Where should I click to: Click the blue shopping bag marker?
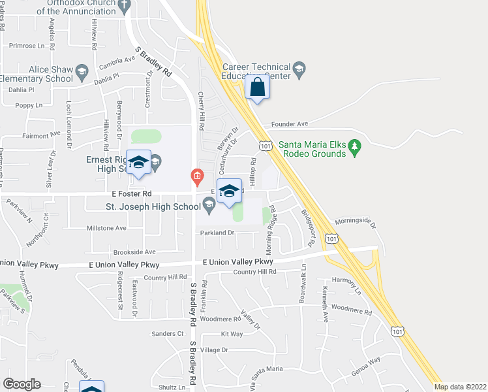[258, 88]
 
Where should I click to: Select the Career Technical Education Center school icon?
[299, 69]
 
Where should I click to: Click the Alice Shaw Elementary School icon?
[82, 71]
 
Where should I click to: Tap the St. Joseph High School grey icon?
[209, 207]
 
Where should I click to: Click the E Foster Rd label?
[131, 194]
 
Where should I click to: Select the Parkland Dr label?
[217, 233]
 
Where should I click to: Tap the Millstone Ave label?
[106, 228]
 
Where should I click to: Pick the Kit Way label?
[232, 334]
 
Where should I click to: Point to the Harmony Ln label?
[346, 281]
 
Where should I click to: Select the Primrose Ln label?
[31, 46]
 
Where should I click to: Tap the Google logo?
[22, 384]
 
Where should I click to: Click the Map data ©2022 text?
[460, 387]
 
